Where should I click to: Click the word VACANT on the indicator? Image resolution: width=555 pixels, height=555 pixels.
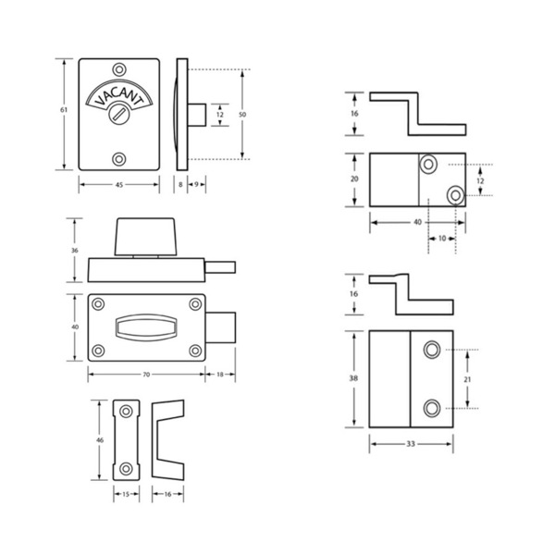tap(119, 95)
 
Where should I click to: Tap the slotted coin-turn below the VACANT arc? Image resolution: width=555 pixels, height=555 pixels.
tap(119, 114)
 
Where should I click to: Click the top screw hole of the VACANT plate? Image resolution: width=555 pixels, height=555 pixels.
tap(119, 69)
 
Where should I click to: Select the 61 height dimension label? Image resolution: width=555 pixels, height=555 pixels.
tap(63, 110)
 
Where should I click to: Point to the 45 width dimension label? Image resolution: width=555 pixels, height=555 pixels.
tap(119, 184)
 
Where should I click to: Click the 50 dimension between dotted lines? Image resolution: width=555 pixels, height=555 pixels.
tap(242, 115)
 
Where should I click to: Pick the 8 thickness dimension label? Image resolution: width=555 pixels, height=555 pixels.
tap(180, 184)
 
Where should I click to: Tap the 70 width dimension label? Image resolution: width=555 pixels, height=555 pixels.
tap(146, 374)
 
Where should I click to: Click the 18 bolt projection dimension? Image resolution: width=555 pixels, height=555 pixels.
tap(220, 374)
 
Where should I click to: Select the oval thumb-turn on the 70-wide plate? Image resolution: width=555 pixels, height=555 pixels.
tap(146, 327)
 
